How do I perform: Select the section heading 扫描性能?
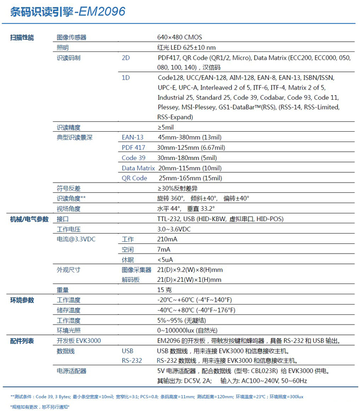coord(22,38)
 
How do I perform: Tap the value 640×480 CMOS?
coord(179,38)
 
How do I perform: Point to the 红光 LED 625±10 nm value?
coord(186,48)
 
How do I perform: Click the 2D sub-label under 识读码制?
coord(126,58)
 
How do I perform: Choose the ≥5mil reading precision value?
coord(166,127)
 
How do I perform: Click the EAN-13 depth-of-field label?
coord(133,137)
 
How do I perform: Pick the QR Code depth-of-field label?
coord(134,178)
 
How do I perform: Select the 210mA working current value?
coord(167,240)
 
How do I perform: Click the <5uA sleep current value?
coord(165,260)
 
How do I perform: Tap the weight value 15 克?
coord(164,290)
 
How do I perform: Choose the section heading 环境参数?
coord(22,300)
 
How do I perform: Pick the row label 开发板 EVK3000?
coord(79,341)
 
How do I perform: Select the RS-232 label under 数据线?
coord(132,361)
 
